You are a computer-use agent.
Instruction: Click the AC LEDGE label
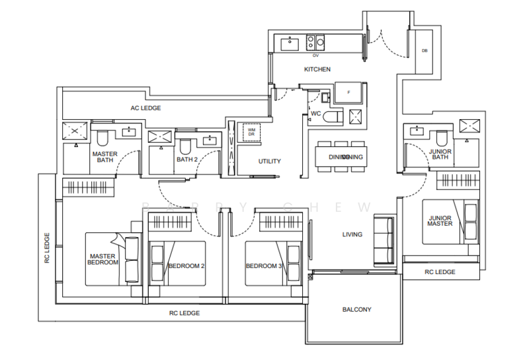pos(145,108)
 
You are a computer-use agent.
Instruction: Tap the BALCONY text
pos(356,309)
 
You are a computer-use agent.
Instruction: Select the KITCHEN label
pos(317,69)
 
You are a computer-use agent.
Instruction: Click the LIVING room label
pos(352,234)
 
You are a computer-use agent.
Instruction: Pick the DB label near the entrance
pos(425,52)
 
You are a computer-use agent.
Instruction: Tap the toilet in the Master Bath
pos(102,140)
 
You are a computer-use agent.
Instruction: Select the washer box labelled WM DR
pos(252,132)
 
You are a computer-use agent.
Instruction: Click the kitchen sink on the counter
pos(290,43)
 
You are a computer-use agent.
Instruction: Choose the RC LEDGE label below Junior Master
pos(439,272)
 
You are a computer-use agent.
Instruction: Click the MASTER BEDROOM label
pos(102,259)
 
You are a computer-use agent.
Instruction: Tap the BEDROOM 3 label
pos(264,266)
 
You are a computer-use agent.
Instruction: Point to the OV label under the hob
pos(316,56)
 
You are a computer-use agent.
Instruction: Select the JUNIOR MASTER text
pos(440,220)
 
